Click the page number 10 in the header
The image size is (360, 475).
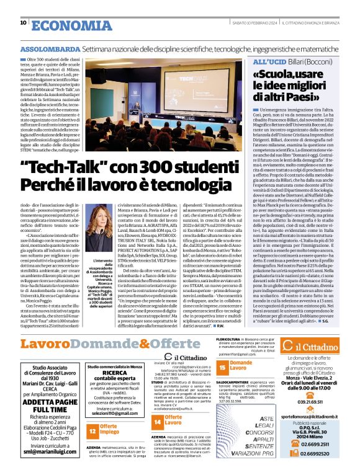pos(23,24)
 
